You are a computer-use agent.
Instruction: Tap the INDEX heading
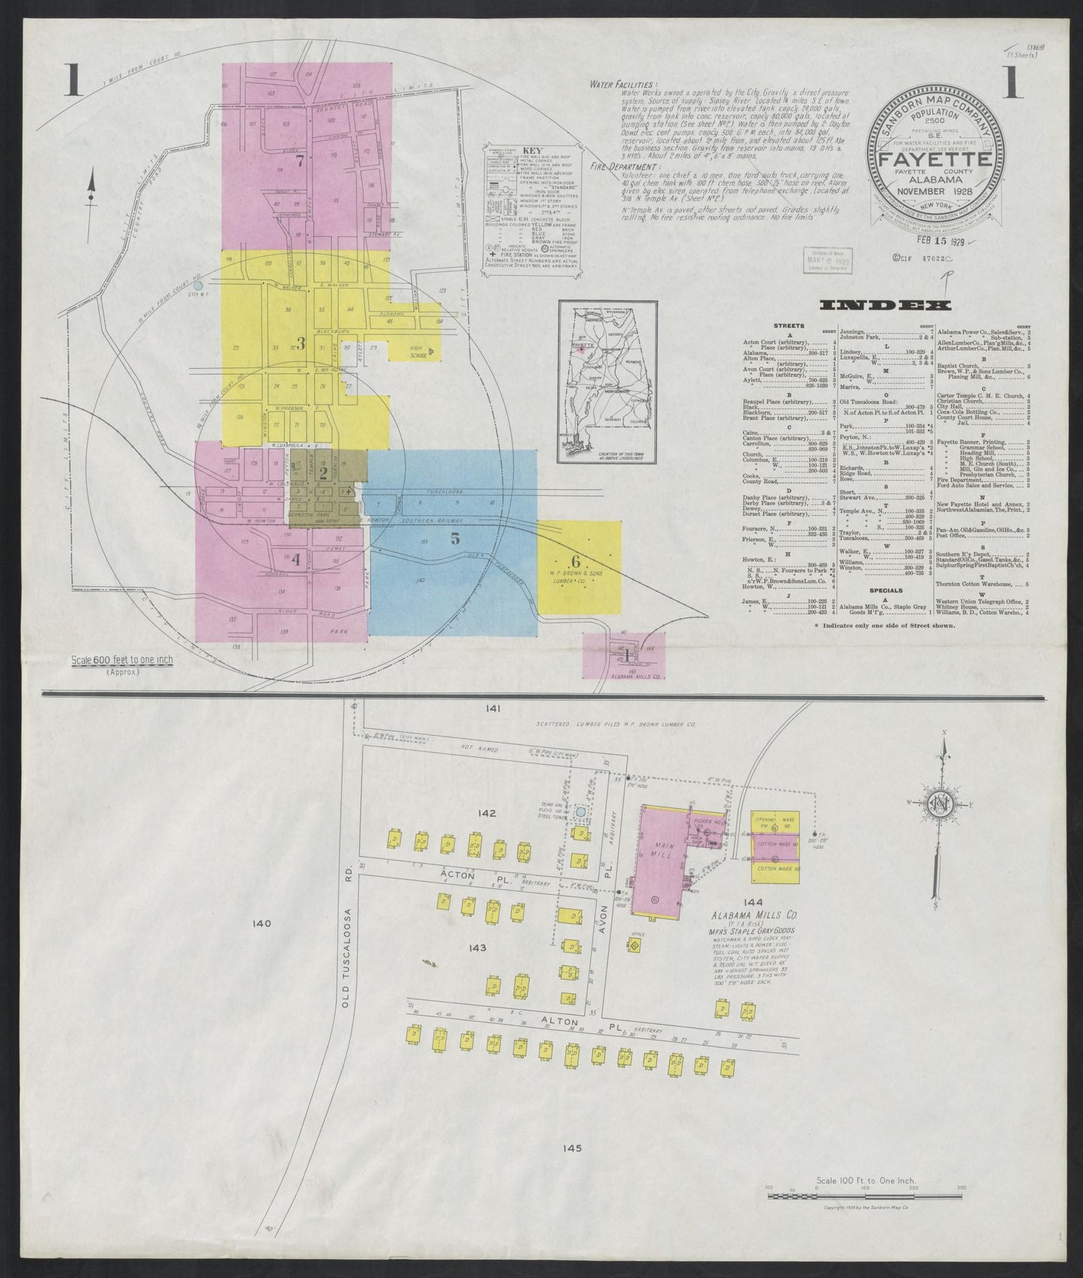pyautogui.click(x=887, y=305)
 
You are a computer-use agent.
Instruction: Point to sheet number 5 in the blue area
pyautogui.click(x=455, y=537)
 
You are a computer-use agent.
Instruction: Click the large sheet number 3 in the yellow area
pyautogui.click(x=301, y=343)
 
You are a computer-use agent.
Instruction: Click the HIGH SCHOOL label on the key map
pyautogui.click(x=417, y=353)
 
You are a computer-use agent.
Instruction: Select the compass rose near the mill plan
pyautogui.click(x=941, y=806)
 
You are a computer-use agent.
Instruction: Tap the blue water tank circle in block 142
pyautogui.click(x=580, y=834)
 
